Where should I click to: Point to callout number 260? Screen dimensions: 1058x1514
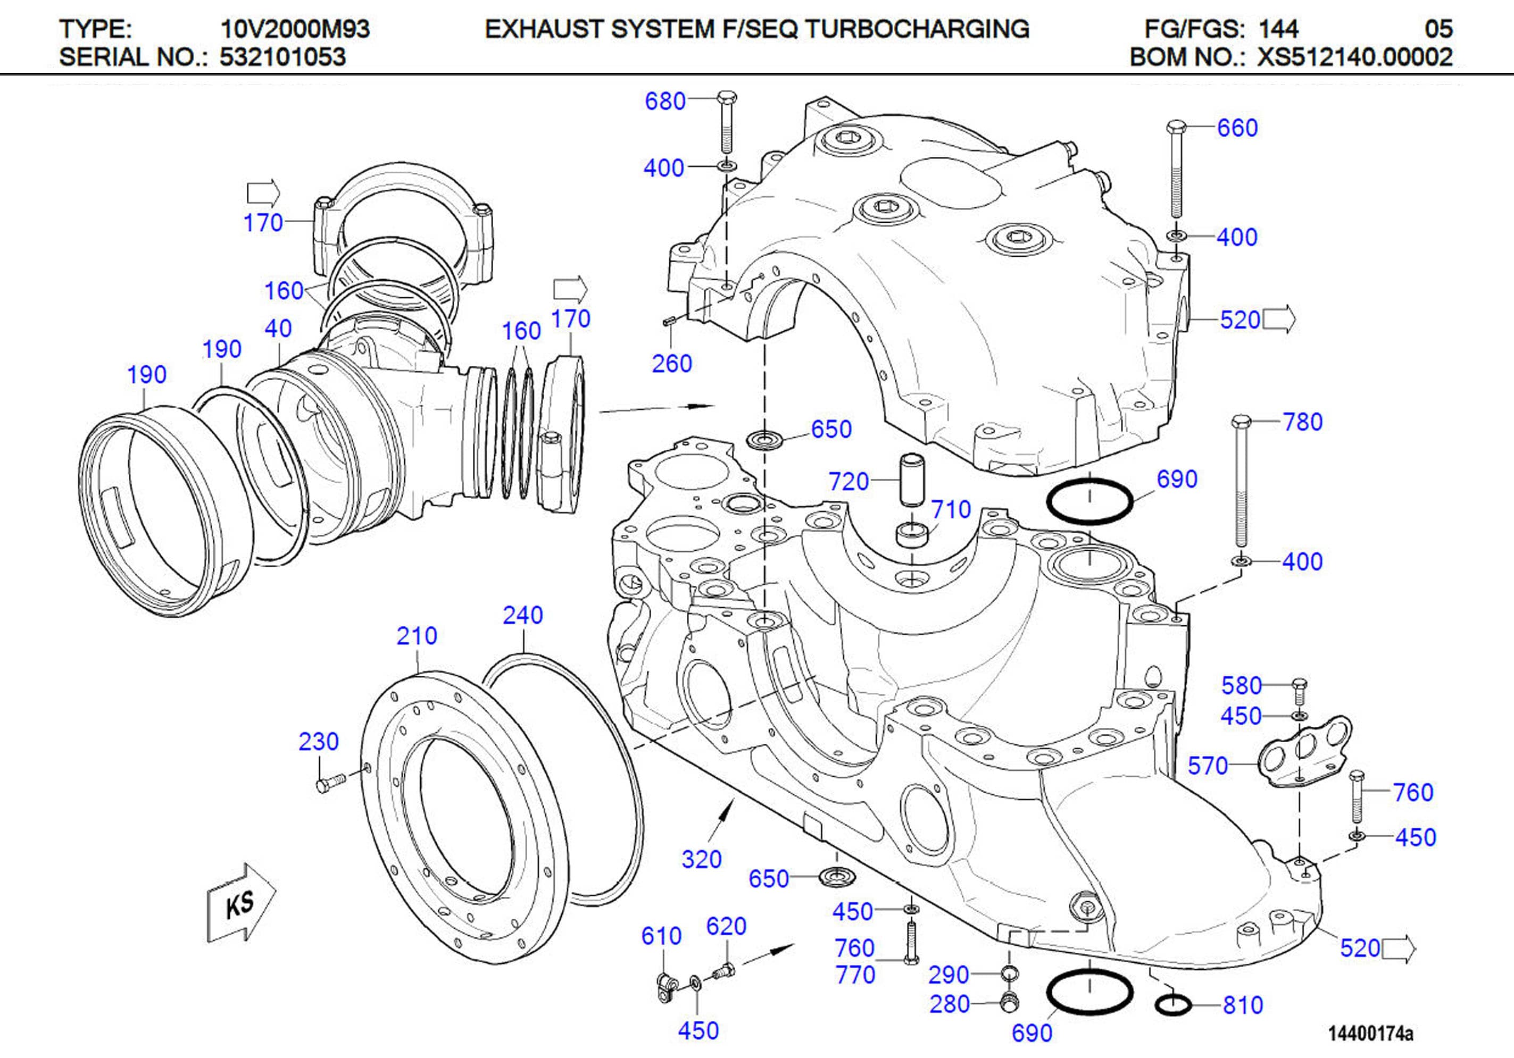tap(671, 363)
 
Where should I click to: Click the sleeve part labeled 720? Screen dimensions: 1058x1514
tap(912, 479)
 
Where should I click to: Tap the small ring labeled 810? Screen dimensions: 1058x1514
tap(1173, 1005)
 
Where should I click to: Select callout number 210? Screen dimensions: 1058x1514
tap(416, 636)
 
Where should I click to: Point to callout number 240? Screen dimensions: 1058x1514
tap(522, 616)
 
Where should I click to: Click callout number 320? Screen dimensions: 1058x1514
tap(701, 860)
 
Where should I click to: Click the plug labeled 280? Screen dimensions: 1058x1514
tap(1009, 1002)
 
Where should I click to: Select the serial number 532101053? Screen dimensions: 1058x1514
tap(282, 57)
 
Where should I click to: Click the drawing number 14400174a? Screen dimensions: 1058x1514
tap(1370, 1033)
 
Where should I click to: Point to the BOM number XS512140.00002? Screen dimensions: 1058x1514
tap(1355, 57)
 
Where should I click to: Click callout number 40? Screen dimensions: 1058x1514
tap(278, 328)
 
